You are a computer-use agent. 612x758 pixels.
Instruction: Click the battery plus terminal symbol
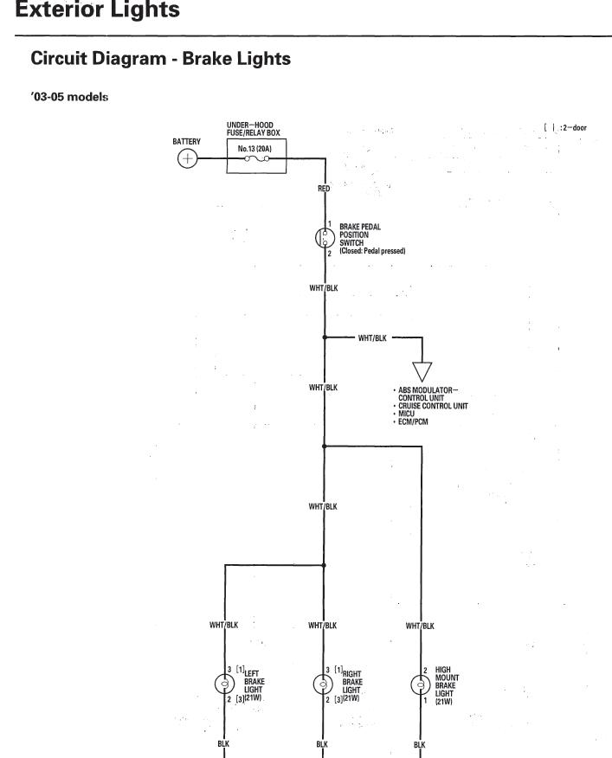pos(187,158)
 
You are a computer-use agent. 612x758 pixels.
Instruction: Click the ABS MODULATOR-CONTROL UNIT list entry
pos(428,394)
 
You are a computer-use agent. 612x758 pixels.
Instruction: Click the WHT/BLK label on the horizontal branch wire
pos(371,337)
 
